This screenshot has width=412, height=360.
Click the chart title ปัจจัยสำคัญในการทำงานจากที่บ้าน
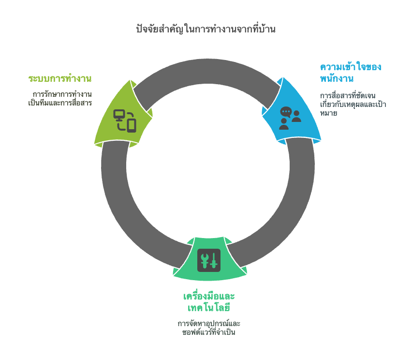(206, 29)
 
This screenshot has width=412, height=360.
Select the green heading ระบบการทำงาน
(60, 78)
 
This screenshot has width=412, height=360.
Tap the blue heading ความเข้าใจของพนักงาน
(351, 72)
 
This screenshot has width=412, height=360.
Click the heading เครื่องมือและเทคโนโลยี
(209, 301)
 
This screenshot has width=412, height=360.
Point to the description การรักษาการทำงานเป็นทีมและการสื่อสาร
(60, 98)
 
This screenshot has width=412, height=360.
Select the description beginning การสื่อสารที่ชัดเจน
(353, 104)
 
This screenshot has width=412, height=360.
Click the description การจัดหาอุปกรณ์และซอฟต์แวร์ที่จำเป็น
(209, 328)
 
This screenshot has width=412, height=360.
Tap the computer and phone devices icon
(125, 121)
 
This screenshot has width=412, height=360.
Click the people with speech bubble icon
(290, 118)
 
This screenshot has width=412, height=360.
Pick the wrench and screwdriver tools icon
(209, 260)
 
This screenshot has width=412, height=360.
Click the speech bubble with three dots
(286, 112)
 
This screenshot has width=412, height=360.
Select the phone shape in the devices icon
(132, 125)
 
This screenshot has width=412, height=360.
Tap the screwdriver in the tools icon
(214, 261)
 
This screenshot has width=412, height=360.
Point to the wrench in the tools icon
(204, 261)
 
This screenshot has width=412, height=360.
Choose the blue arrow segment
(291, 112)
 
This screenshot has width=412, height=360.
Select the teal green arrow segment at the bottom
(210, 259)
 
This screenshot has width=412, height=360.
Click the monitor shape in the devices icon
(119, 115)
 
